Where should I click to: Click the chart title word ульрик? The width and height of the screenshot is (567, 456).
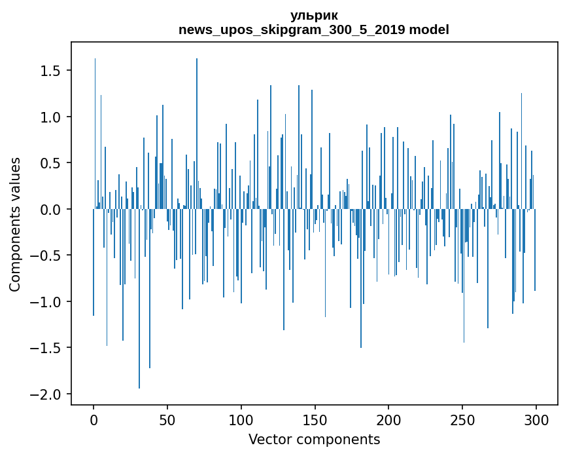[x=314, y=15]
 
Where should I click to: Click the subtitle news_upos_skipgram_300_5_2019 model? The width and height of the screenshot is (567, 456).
[x=314, y=29]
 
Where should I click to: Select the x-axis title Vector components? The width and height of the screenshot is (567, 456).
[x=314, y=439]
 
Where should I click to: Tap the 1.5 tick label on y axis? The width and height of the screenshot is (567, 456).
[x=51, y=71]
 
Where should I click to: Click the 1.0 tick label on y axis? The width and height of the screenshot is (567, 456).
[x=51, y=117]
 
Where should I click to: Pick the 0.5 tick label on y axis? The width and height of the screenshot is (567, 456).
[x=51, y=163]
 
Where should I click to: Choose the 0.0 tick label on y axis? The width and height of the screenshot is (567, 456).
[x=51, y=210]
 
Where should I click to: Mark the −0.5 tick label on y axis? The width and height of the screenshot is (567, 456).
[x=47, y=256]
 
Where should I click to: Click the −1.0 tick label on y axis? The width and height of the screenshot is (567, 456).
[x=47, y=302]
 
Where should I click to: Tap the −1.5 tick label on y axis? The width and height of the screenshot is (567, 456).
[x=47, y=348]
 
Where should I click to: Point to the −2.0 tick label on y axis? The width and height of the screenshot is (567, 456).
[x=47, y=394]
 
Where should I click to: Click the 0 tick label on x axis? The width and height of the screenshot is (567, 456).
[x=94, y=419]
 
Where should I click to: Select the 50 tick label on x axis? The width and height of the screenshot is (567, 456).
[x=167, y=419]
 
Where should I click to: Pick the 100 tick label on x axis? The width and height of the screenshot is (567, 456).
[x=241, y=419]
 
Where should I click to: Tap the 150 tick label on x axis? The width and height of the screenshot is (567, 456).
[x=315, y=419]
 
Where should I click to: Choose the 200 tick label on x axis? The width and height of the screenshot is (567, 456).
[x=388, y=419]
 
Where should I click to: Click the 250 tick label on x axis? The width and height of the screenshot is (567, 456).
[x=462, y=419]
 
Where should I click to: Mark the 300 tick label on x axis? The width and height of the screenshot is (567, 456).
[x=536, y=419]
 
